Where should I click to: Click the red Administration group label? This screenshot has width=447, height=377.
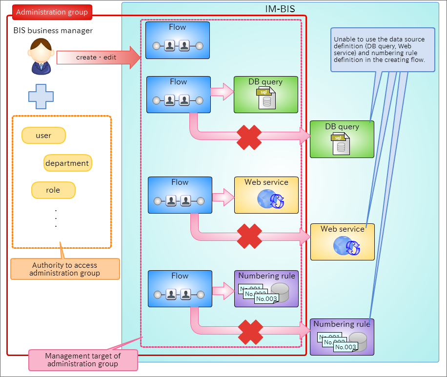coord(52,12)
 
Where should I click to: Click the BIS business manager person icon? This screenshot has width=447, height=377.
coord(41,57)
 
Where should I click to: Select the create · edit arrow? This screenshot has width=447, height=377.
coord(99,57)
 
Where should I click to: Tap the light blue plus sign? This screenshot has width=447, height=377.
coord(41,97)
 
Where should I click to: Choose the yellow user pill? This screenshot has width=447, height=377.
coord(43,136)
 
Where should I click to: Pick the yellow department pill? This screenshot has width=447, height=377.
coord(67,163)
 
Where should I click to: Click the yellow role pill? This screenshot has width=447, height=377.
coord(53,190)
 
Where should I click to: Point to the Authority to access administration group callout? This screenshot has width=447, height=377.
coord(65,269)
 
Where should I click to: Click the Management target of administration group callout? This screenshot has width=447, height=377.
coord(83,360)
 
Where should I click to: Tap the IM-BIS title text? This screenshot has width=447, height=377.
coord(280,9)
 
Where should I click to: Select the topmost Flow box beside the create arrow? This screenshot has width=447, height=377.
coord(178,40)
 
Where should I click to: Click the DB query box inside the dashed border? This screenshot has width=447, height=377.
coord(265,95)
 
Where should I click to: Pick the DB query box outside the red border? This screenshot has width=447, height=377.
coord(342,139)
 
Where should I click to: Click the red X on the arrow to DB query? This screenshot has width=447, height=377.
coord(249,138)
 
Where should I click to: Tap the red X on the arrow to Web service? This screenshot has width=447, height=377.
coord(249,236)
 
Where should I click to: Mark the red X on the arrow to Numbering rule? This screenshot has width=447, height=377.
coord(250,332)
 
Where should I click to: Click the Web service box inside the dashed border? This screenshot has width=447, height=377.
coord(266,195)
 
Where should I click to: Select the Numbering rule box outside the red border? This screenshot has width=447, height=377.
coord(342,337)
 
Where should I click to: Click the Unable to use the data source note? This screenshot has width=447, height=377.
coord(383,50)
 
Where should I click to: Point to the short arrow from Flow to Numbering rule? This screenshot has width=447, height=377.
coord(223,291)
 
